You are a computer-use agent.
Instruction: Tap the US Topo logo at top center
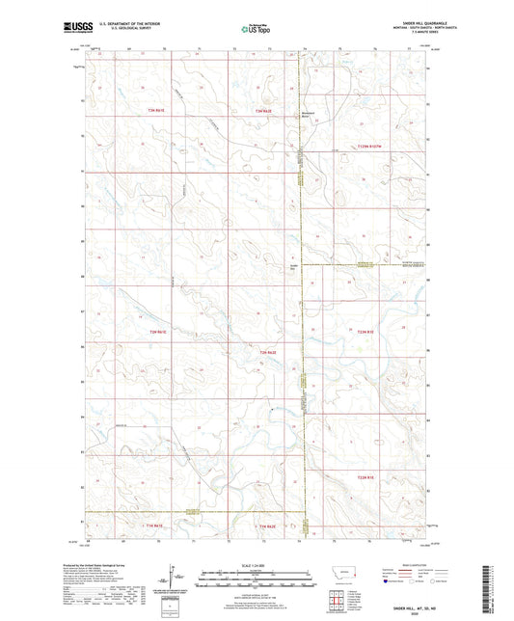256,30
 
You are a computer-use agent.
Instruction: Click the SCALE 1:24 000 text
256,564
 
